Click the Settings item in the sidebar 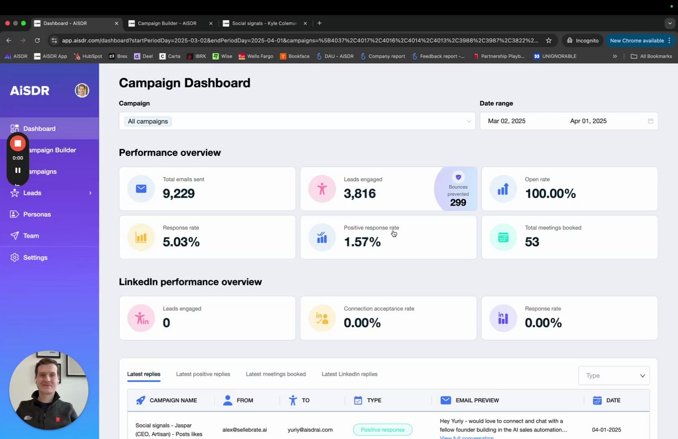[x=35, y=258]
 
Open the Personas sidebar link [x=37, y=214]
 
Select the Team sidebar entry [x=31, y=236]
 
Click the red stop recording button [x=17, y=143]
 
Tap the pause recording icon [x=17, y=170]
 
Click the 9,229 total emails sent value [x=179, y=194]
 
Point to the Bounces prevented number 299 [x=458, y=203]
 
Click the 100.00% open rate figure [x=550, y=194]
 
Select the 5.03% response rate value [x=181, y=242]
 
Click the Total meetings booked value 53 [x=532, y=242]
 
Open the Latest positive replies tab [x=203, y=374]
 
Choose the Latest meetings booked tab [x=275, y=374]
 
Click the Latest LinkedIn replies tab [x=349, y=374]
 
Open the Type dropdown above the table [x=614, y=376]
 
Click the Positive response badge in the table [x=382, y=429]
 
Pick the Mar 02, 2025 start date [x=506, y=121]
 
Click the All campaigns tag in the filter [x=148, y=121]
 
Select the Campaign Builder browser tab [x=167, y=23]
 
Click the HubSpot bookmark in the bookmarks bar [x=88, y=56]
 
